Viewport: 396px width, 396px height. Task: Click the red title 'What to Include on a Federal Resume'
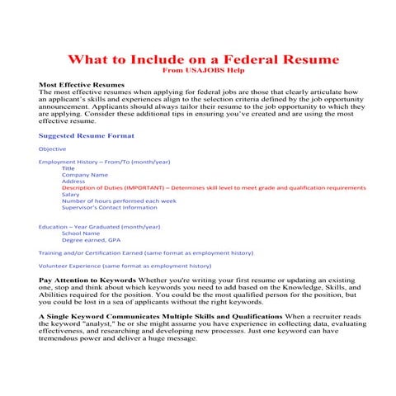tap(198, 60)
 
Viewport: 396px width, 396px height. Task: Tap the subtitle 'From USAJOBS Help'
tap(198, 72)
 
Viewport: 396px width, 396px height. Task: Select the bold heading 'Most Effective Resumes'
tap(82, 85)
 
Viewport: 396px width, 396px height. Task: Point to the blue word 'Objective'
tap(53, 148)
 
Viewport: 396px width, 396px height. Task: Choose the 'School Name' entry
tap(80, 233)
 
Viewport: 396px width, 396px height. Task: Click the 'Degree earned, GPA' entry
tap(90, 240)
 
